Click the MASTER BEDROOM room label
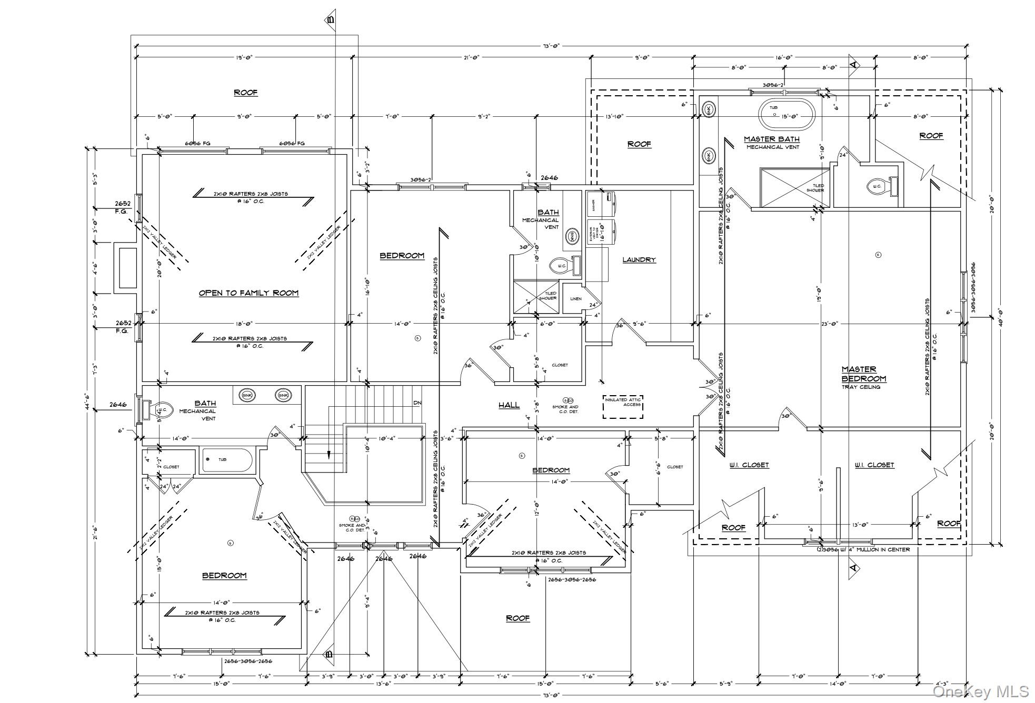(x=863, y=374)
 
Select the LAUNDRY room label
(x=639, y=260)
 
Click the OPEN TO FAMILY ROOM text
(x=248, y=293)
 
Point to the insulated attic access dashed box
(x=623, y=407)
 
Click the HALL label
(x=509, y=405)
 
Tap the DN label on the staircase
(x=417, y=403)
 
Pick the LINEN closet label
(x=576, y=299)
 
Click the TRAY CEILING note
(x=860, y=387)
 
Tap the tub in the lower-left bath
(x=227, y=460)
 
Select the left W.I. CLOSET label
(x=749, y=465)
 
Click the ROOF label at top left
(x=245, y=93)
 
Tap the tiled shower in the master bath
(x=792, y=188)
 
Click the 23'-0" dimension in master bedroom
(x=829, y=324)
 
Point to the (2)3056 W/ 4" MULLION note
(x=863, y=550)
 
